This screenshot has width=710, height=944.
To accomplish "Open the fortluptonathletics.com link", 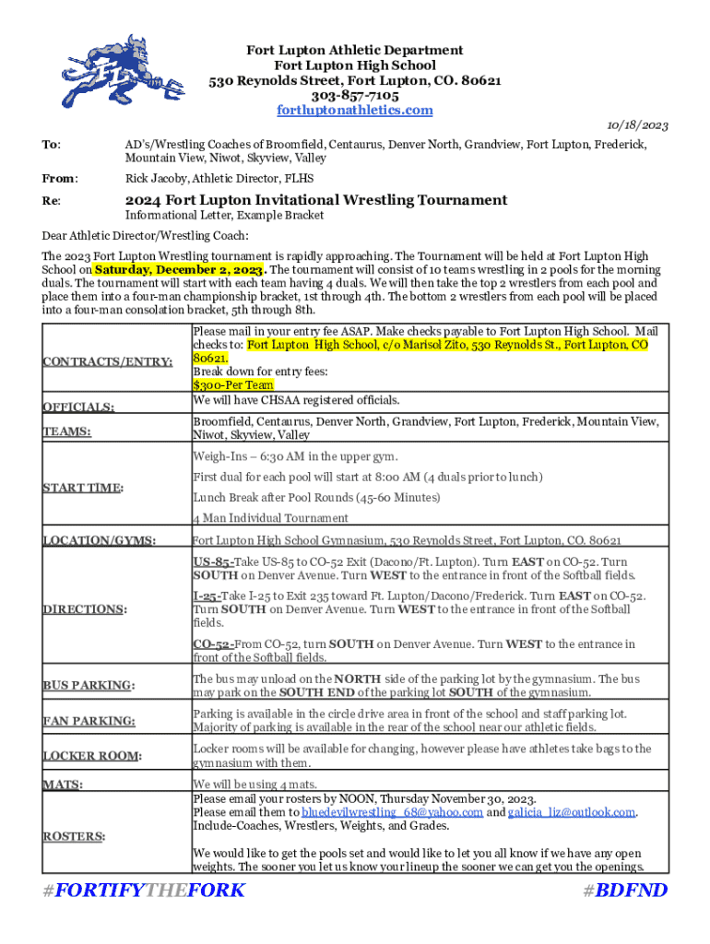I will point(355,111).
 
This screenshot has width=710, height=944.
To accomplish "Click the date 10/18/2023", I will point(637,125).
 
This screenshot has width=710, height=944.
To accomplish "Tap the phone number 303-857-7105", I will point(355,96).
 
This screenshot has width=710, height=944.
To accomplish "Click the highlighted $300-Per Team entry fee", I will point(233,385).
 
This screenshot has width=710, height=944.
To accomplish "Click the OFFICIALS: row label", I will point(78,407).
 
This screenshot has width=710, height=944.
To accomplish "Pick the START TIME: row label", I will point(84,487).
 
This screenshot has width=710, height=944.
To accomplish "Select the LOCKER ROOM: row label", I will point(92,756).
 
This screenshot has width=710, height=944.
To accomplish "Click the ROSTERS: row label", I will point(74,836).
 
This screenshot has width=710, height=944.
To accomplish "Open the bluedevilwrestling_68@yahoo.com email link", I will point(392,812).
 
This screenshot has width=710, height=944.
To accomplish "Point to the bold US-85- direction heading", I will point(213,561).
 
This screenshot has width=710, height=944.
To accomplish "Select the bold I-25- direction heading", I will point(209,596).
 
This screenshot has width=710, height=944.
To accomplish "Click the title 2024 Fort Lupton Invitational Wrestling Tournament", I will point(315,200).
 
